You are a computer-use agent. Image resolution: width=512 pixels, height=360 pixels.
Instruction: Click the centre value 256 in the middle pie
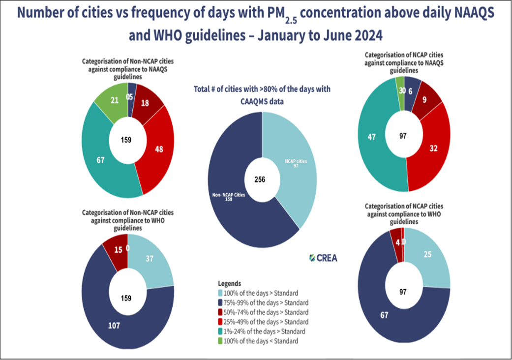[x=260, y=180]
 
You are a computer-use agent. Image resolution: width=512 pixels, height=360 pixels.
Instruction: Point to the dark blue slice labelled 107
[x=113, y=325]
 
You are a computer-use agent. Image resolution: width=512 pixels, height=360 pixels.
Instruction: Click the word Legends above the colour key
[x=229, y=284]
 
